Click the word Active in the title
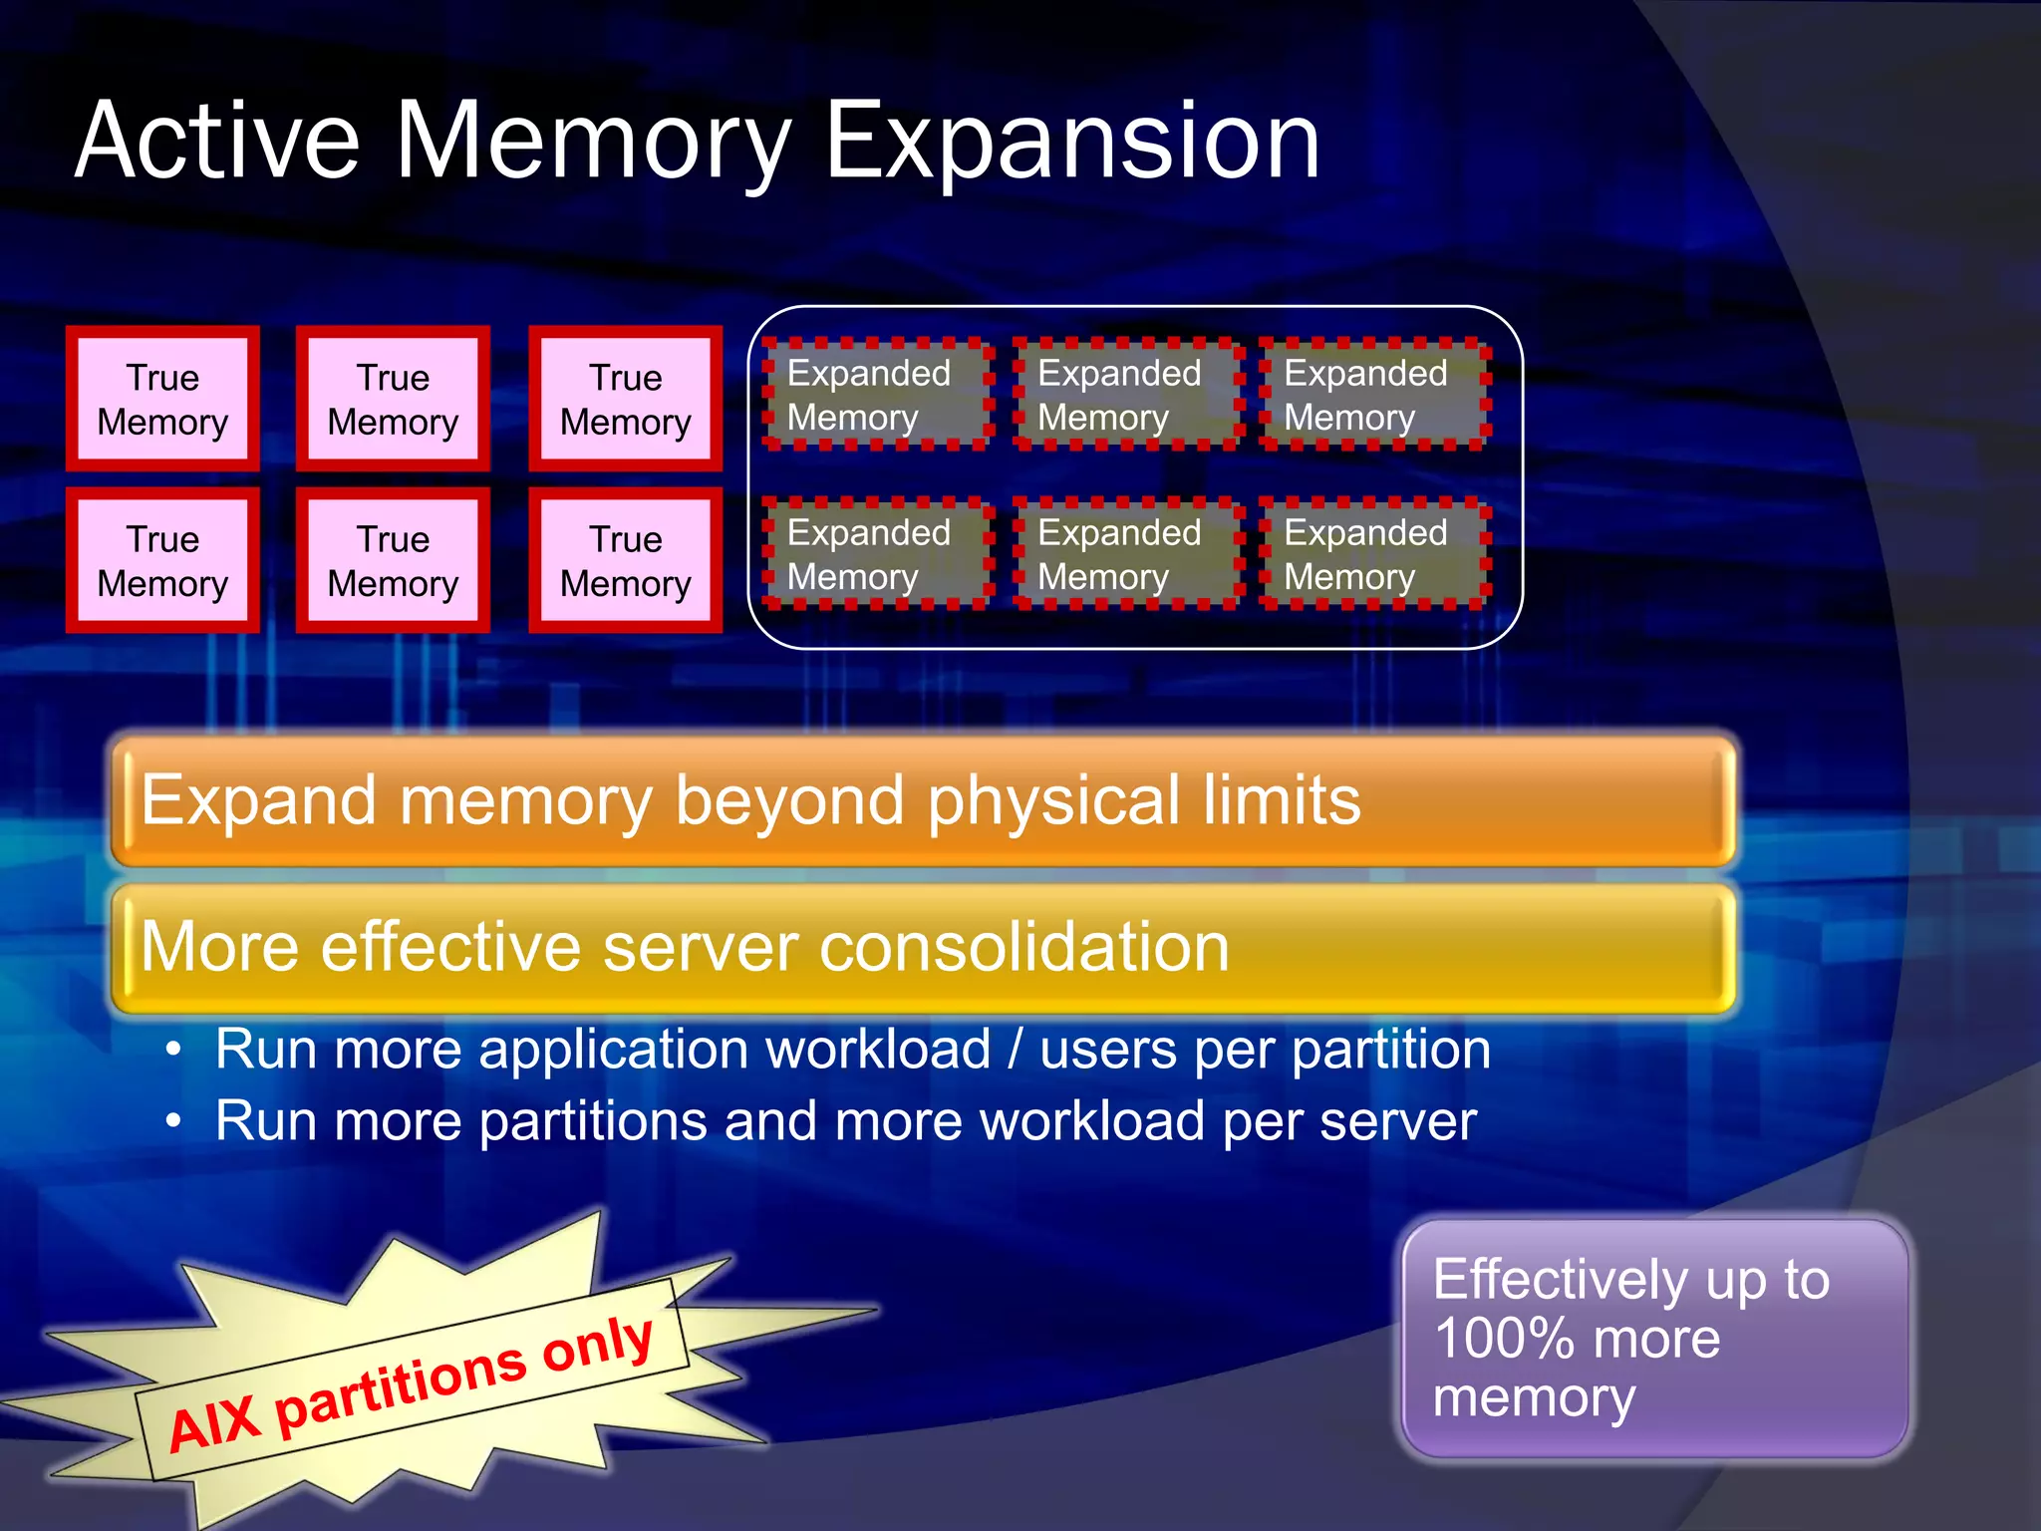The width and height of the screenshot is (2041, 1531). click(216, 142)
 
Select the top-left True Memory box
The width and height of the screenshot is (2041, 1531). click(162, 399)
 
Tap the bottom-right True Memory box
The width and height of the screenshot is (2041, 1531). click(625, 560)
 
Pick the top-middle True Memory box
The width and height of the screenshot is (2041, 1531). click(393, 399)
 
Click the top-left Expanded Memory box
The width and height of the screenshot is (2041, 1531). click(877, 395)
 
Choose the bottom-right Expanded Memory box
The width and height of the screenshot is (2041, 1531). click(1373, 554)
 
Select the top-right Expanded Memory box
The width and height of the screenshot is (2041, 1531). click(1373, 395)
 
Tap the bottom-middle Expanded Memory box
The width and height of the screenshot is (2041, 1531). click(1126, 554)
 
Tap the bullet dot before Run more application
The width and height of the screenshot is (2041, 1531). click(174, 1050)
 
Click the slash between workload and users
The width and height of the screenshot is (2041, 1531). click(1015, 1051)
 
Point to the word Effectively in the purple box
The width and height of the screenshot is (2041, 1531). click(1560, 1279)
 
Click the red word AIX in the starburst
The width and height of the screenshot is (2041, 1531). click(214, 1422)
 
